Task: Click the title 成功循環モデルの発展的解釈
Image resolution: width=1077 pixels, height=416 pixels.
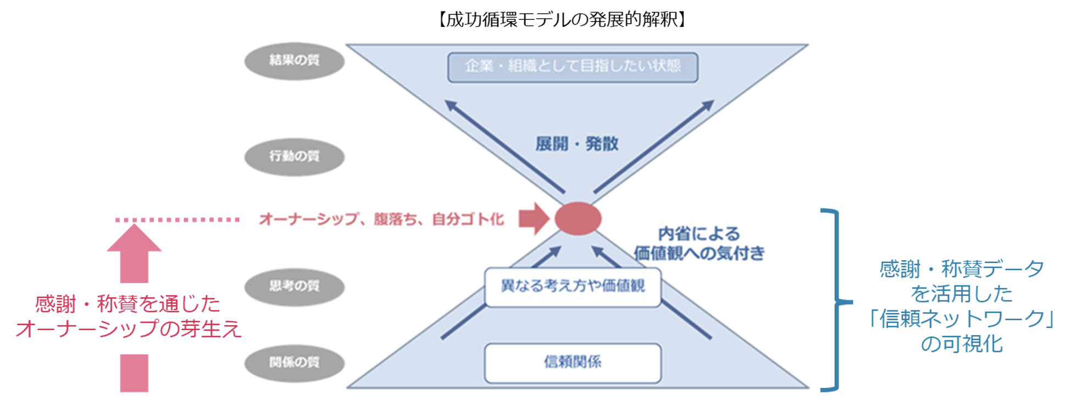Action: [x=562, y=20]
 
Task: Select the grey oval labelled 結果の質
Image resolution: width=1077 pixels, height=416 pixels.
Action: [x=294, y=61]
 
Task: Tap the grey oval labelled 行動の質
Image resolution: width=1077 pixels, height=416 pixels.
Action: [x=294, y=156]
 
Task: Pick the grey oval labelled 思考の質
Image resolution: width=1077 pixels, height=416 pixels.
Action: [x=294, y=286]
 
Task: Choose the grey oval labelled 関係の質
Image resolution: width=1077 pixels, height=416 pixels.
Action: [x=294, y=363]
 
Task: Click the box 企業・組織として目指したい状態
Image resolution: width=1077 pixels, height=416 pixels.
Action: [x=573, y=67]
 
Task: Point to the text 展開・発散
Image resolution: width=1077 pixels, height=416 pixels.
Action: [x=577, y=144]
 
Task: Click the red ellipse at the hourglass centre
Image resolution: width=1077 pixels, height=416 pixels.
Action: [x=578, y=218]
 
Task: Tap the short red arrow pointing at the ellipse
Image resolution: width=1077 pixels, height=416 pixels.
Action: [x=534, y=218]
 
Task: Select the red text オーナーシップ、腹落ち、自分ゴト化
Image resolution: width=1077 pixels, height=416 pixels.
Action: [x=381, y=220]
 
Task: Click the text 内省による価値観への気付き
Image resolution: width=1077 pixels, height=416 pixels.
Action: [x=699, y=244]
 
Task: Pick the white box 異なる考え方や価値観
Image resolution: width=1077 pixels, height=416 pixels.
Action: [x=573, y=287]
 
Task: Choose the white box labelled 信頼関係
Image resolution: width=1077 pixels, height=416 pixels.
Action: [x=573, y=363]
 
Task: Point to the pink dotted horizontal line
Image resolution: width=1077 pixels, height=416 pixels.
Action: [x=177, y=220]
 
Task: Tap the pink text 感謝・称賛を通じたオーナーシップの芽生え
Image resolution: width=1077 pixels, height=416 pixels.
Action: [x=128, y=316]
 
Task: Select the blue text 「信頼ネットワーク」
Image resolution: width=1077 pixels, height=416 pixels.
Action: [x=962, y=319]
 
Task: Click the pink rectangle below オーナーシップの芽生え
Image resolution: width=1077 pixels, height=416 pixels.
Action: [x=134, y=373]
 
